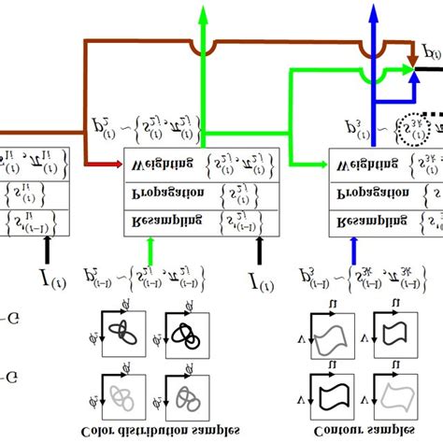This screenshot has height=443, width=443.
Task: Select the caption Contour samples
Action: [x=370, y=430]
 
